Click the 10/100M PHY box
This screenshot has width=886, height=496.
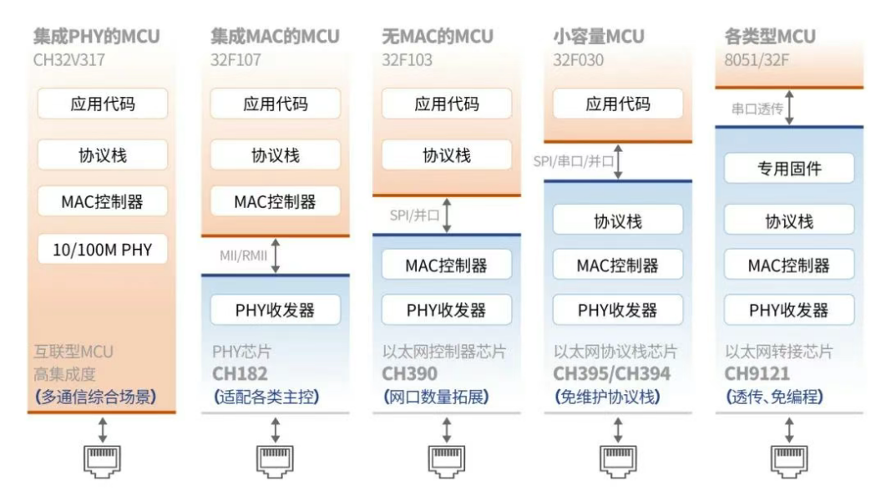coord(102,249)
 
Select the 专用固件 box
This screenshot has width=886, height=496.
coord(789,168)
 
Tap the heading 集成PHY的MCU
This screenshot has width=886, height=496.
coord(97,36)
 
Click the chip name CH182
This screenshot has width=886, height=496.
coord(240,373)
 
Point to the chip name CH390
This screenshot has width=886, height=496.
coord(410,373)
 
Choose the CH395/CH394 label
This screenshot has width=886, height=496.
coord(611,373)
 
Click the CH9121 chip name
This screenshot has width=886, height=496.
coord(757,373)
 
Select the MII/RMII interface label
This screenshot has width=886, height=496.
coord(244,256)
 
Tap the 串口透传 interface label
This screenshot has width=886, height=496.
coord(757,109)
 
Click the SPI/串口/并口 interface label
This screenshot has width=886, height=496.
coord(573,161)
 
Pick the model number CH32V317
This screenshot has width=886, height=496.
coord(69,60)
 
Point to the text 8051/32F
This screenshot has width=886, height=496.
coord(757,60)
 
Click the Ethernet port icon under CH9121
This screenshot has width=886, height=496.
coord(789,461)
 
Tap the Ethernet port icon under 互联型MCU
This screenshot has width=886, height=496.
coord(102,461)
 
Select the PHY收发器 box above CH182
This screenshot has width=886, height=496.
coord(276,310)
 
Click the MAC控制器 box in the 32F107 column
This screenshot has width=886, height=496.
coord(276,201)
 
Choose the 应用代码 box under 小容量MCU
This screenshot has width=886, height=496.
coord(618,104)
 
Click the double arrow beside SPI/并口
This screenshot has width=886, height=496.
coord(447,215)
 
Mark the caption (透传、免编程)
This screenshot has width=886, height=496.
coord(774,397)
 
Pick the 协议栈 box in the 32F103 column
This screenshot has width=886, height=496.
coord(447,154)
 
